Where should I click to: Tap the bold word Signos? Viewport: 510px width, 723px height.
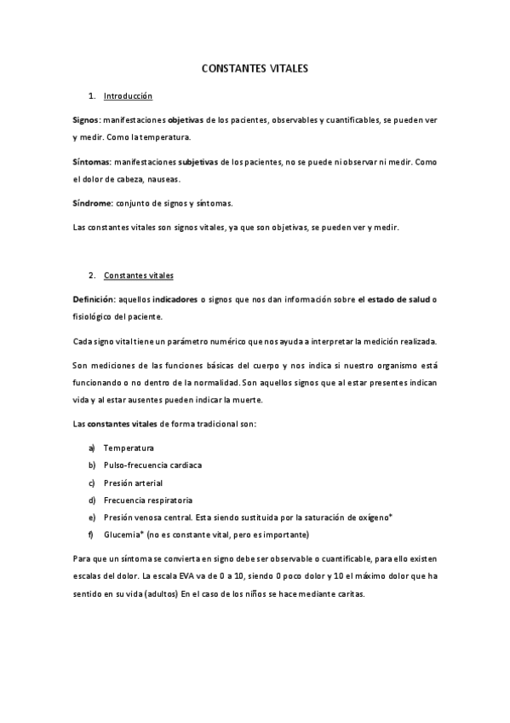click(86, 120)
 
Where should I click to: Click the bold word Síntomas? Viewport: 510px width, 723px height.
click(90, 162)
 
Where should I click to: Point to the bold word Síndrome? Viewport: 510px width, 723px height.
click(90, 203)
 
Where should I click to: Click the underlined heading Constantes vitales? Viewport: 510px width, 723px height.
click(138, 276)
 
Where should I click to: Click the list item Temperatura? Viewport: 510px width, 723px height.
click(129, 448)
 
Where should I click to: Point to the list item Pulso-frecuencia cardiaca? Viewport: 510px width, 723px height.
click(152, 466)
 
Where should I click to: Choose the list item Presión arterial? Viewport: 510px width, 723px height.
click(133, 483)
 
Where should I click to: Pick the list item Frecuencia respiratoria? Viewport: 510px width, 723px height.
click(147, 500)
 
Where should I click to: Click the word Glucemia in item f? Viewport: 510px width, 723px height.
click(122, 535)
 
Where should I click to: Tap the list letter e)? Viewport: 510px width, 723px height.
click(91, 518)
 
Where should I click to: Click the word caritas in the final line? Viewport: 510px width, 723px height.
click(347, 593)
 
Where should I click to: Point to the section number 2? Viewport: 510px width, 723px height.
click(91, 276)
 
